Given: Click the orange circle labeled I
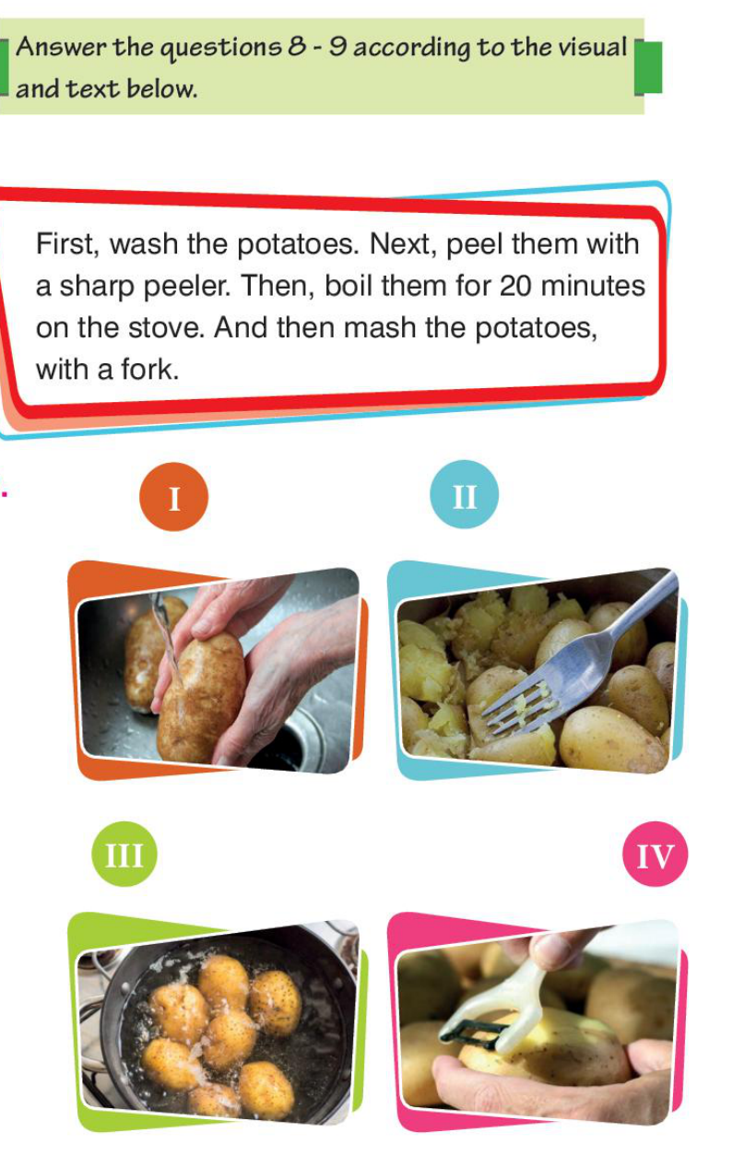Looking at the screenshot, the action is coord(173,496).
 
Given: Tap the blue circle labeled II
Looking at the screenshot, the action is coord(464,494).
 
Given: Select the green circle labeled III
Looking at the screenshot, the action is coord(124,854).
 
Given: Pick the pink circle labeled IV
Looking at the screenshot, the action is coord(656,854).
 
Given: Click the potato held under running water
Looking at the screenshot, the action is coord(201,700).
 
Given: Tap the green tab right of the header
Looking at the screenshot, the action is coord(648,67).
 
